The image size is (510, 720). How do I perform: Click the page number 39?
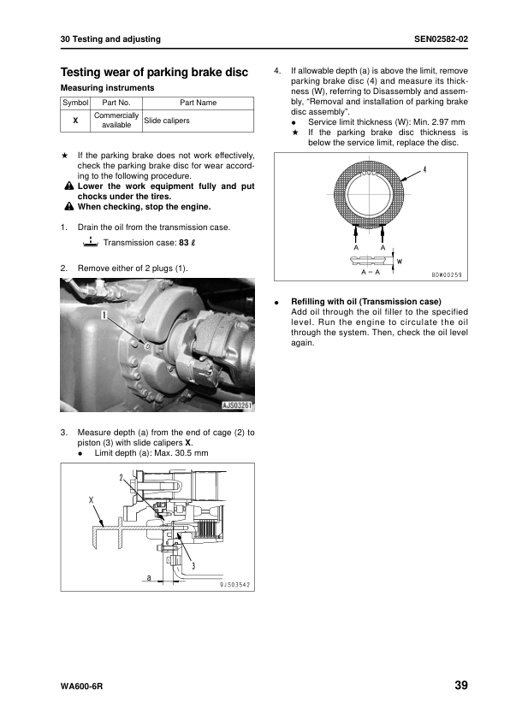point(461,685)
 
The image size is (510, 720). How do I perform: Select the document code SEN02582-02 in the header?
point(441,39)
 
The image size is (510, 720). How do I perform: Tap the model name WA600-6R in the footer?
point(81,687)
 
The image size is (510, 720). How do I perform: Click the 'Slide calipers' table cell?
point(167,121)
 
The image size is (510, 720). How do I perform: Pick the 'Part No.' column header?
point(116,103)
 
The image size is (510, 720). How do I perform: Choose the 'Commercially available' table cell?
point(116,121)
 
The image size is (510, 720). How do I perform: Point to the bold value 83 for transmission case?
point(184,243)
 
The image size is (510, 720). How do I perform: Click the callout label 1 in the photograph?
point(104,315)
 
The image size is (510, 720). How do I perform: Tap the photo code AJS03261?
point(238,405)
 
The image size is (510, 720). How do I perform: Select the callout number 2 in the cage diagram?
point(121,477)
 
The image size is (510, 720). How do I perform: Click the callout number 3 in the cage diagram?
point(193,566)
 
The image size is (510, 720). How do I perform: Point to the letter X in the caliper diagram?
point(91,499)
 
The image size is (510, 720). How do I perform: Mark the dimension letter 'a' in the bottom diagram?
point(148,577)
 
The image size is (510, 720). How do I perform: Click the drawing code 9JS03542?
point(234,585)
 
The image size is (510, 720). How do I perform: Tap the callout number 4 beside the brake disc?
point(424,170)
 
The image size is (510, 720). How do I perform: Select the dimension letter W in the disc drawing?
point(400,262)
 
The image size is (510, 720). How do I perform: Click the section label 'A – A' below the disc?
point(371,272)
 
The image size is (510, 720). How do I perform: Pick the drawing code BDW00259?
point(447,275)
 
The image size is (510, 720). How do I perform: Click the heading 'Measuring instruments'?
point(108,88)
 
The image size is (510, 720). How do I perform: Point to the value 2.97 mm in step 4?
point(448,122)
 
